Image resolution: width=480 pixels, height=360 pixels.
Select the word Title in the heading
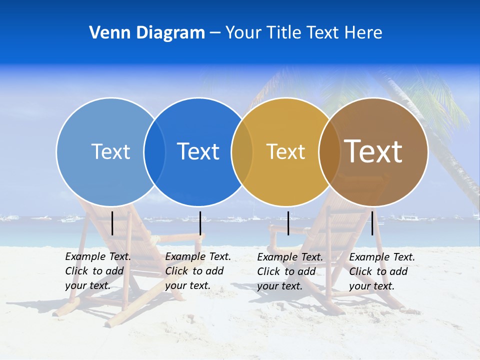click(x=283, y=33)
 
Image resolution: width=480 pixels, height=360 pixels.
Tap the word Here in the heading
click(x=363, y=33)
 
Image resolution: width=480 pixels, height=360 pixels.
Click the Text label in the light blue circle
click(x=110, y=151)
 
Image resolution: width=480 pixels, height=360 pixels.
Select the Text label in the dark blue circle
click(x=198, y=151)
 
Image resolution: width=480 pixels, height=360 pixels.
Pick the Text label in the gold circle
click(x=285, y=151)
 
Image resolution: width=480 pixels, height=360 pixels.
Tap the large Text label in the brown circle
click(x=373, y=151)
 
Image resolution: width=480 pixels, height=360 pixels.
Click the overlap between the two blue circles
click(x=154, y=151)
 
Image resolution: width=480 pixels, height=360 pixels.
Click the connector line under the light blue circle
click(x=112, y=223)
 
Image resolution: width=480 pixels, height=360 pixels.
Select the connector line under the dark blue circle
click(x=200, y=223)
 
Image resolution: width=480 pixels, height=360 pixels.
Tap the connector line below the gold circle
click(x=288, y=223)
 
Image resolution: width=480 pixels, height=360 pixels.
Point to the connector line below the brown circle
click(x=372, y=223)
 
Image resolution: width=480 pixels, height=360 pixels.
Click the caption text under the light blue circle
click(x=98, y=271)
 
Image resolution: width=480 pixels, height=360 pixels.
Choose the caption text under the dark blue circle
click(x=198, y=271)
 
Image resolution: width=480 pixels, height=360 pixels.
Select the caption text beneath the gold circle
click(x=290, y=271)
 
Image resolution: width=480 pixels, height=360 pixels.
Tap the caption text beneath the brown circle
click(x=382, y=271)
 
